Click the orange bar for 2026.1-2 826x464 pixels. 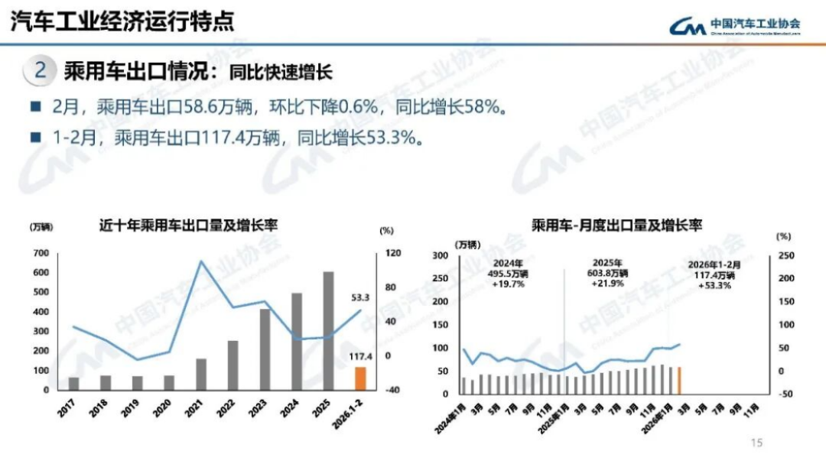click(360, 378)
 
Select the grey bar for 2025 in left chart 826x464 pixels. click(328, 331)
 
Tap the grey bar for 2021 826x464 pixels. click(201, 374)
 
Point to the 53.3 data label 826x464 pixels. click(361, 297)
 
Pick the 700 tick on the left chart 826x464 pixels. click(40, 253)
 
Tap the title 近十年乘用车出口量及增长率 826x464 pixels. click(188, 226)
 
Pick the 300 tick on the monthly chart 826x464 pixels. click(441, 256)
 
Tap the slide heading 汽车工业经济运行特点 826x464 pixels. click(122, 21)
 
